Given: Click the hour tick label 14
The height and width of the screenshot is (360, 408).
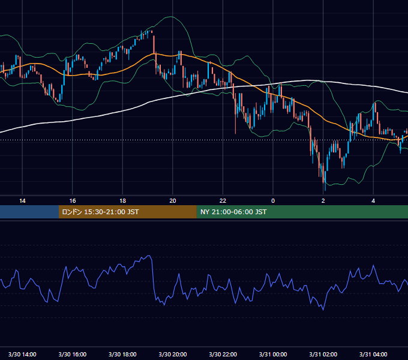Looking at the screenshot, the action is coord(22,201).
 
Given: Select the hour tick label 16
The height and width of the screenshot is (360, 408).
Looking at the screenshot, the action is coord(73,201).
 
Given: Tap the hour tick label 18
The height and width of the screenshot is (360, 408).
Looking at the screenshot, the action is coord(122,201).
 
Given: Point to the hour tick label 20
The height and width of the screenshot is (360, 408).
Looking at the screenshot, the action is coord(173,201).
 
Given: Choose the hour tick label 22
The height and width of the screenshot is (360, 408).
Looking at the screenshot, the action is coord(223,201).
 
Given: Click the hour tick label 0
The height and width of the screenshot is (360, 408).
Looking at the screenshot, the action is coord(273,201).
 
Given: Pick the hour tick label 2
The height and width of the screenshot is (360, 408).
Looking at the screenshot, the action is coord(323,201).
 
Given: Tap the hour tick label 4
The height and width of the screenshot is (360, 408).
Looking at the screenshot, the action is coord(373,201).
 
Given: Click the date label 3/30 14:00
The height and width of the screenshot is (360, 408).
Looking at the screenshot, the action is coord(22,355).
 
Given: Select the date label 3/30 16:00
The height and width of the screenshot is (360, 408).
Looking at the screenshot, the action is coord(73,355).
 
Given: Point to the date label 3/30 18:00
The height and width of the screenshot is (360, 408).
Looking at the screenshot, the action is coord(122,355).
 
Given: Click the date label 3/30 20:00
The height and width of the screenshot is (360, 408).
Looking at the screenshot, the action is coord(173,355).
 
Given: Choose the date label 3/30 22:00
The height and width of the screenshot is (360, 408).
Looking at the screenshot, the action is coord(223,355).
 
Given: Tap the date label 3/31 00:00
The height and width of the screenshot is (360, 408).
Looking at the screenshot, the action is coord(273,355).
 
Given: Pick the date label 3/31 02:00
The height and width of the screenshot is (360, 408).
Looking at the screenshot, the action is coord(323,355).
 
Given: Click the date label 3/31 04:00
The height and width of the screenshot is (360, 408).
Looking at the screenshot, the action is coord(373,355).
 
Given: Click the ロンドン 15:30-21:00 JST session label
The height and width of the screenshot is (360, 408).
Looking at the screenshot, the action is coord(100,212).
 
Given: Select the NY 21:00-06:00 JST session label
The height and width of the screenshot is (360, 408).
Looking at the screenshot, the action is coord(233,212).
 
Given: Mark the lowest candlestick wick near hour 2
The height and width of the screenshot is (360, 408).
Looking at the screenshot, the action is coord(325,191).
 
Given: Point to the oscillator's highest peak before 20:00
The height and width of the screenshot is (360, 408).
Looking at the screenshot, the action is coord(149,256).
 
